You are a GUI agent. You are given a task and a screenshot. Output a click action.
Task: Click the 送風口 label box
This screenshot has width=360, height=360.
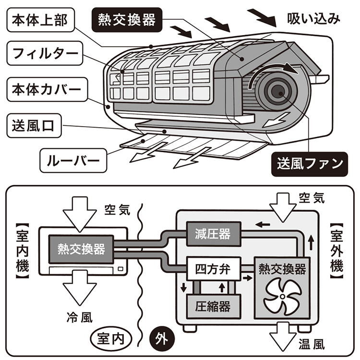pyautogui.click(x=36, y=127)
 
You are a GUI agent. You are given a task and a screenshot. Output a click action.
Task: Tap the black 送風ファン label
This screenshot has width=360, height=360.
pyautogui.click(x=310, y=163)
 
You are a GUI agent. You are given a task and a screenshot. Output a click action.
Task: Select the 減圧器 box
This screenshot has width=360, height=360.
pyautogui.click(x=212, y=234)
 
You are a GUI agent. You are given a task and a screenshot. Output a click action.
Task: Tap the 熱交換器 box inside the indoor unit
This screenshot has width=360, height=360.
pyautogui.click(x=81, y=248)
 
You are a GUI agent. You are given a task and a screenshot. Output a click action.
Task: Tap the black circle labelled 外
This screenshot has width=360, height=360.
pyautogui.click(x=159, y=338)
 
